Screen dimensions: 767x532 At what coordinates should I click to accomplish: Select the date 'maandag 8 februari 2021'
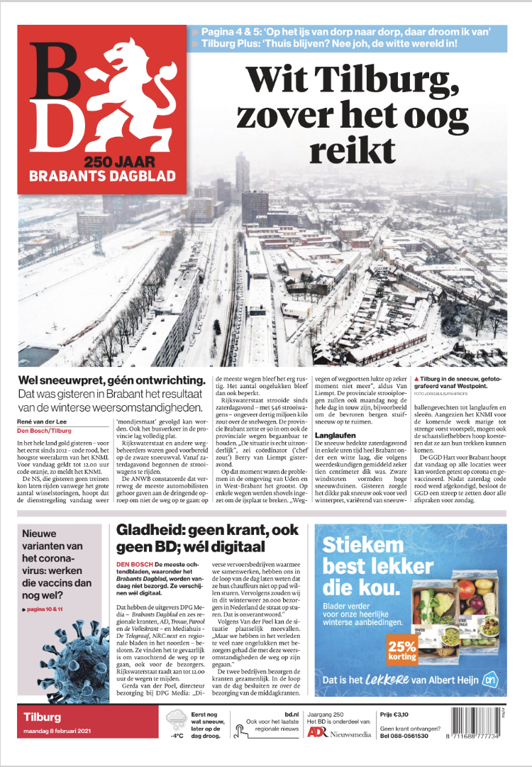click(x=58, y=732)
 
